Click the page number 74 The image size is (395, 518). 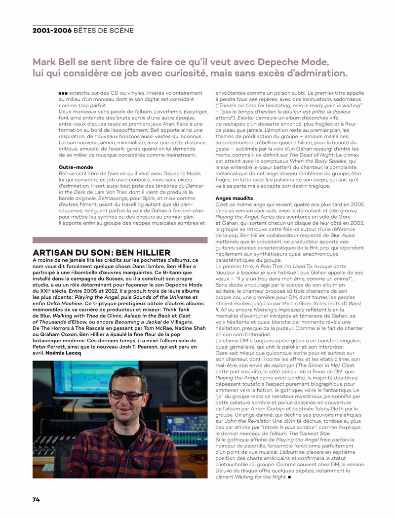click(x=36, y=499)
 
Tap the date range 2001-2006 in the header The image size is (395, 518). click(x=52, y=30)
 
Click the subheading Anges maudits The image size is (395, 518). click(x=234, y=198)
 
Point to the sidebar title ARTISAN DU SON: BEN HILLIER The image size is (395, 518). click(x=101, y=253)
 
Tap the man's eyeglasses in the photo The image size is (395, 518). click(x=127, y=395)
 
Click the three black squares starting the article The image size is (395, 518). click(x=63, y=93)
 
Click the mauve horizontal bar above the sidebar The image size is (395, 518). click(x=120, y=240)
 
